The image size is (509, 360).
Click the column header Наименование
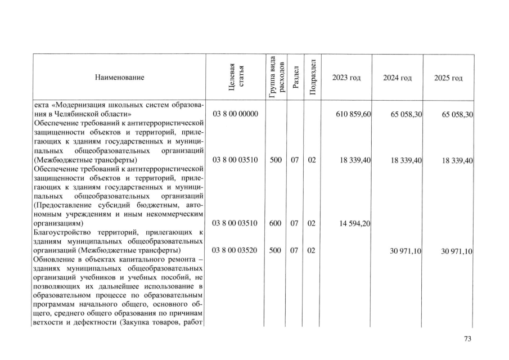coord(119,78)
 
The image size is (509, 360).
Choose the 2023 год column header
coord(346,78)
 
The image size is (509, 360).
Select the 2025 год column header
coord(448,78)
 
